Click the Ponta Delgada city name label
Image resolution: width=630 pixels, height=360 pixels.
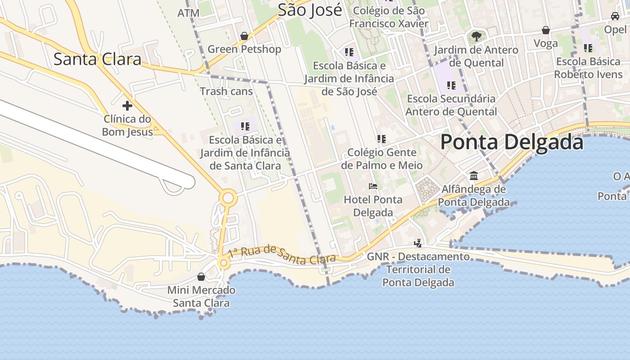click(x=512, y=142)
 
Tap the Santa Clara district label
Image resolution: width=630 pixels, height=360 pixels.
click(x=97, y=59)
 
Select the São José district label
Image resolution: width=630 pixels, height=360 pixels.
click(x=310, y=10)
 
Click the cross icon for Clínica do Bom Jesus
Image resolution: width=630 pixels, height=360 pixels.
click(x=127, y=106)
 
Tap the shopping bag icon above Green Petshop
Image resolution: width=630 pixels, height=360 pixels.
click(x=244, y=36)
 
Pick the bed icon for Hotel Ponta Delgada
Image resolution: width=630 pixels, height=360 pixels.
click(x=373, y=186)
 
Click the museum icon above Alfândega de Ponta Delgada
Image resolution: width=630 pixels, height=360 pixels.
click(x=474, y=175)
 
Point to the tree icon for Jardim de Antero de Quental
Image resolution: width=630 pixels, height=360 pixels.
click(x=476, y=36)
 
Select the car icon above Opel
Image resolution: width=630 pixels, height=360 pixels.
click(x=615, y=16)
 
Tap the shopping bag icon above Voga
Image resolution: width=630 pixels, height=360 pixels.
click(x=545, y=30)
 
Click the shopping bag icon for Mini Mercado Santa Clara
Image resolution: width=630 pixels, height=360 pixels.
click(x=201, y=277)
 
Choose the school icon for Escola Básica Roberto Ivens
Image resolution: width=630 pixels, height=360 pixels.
click(x=588, y=48)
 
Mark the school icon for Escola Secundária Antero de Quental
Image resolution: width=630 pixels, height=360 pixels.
click(x=451, y=85)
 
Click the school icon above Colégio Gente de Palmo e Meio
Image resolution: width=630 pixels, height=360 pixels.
click(x=382, y=139)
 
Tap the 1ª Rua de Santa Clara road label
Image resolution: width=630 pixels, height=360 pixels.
click(x=282, y=255)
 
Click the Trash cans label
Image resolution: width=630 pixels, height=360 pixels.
click(x=226, y=91)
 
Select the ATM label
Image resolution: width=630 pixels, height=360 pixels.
click(x=188, y=13)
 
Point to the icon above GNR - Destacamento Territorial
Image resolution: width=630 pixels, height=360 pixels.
click(x=418, y=243)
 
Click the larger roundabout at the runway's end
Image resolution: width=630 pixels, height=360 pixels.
click(x=228, y=198)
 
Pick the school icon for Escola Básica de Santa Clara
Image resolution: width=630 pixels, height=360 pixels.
click(x=245, y=126)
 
